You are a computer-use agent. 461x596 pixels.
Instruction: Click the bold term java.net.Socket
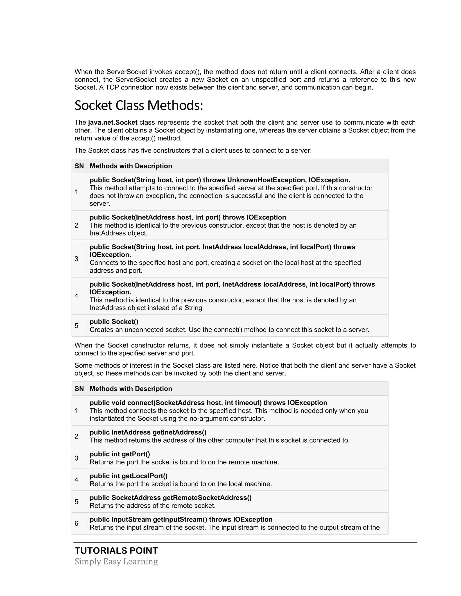(x=113, y=123)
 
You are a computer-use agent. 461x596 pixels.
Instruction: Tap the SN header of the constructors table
(x=79, y=166)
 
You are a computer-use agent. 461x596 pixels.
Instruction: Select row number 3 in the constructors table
(x=77, y=259)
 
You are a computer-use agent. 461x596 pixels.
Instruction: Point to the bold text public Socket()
(x=114, y=322)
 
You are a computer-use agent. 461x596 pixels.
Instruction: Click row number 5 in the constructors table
(x=77, y=326)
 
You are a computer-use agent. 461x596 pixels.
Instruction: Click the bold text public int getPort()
(x=120, y=454)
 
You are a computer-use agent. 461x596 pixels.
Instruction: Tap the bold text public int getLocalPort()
(x=128, y=476)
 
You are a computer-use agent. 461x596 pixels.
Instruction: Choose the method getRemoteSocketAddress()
(x=207, y=498)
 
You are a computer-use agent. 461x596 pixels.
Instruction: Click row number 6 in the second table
(x=77, y=523)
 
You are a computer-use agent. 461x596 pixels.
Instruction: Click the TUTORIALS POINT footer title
(x=116, y=551)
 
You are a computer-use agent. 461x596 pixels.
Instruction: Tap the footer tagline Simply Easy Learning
(x=116, y=562)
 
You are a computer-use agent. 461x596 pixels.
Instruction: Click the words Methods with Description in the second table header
(x=131, y=389)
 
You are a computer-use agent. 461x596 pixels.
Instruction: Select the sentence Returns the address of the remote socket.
(x=152, y=506)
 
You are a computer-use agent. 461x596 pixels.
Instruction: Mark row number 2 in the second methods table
(x=77, y=436)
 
